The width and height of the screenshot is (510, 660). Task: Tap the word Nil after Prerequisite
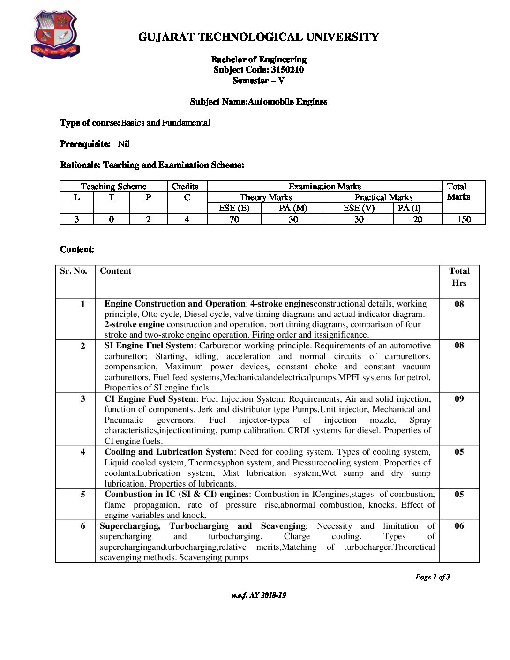[124, 144]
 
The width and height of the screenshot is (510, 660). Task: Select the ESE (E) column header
[234, 208]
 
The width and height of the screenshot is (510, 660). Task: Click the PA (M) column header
[293, 208]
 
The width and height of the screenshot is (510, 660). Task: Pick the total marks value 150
[464, 219]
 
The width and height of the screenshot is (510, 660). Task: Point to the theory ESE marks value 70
[234, 219]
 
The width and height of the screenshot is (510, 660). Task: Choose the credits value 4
[187, 219]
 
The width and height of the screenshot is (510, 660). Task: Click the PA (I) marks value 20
[417, 219]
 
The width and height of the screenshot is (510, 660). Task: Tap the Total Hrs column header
[459, 277]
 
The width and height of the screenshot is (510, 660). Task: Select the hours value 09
[459, 399]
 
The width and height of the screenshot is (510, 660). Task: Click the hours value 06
[459, 526]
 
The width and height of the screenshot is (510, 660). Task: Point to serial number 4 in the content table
[83, 452]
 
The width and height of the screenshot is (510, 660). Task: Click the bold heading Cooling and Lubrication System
[169, 452]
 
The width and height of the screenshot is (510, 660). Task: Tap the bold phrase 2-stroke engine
[134, 324]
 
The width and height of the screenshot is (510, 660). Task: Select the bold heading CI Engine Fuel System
[150, 399]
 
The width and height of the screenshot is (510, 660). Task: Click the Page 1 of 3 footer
[432, 577]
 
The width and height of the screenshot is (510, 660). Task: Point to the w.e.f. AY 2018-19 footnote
[259, 595]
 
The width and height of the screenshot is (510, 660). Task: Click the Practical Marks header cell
[383, 197]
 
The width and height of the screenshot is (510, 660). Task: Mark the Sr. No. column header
[74, 271]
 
